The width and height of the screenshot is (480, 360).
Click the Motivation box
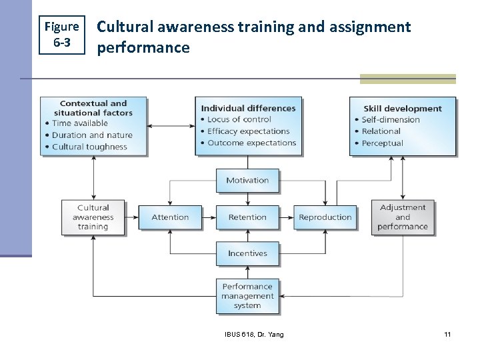247,181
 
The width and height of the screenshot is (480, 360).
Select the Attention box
170,217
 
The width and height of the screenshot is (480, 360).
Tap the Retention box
247,217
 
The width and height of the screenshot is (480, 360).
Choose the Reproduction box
325,217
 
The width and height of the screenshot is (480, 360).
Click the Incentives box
247,253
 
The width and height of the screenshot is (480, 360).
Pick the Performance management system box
247,296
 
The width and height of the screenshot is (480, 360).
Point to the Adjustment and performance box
403,217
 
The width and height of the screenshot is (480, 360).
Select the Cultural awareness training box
93,217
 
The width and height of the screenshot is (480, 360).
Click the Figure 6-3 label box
61,34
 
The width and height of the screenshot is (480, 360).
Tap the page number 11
447,334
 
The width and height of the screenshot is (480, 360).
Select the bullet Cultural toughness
89,147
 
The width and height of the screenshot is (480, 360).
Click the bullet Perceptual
382,143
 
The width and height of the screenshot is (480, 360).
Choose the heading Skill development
402,109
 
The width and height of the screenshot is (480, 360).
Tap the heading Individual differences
248,108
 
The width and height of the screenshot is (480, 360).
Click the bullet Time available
80,123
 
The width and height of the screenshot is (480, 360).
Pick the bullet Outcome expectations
251,143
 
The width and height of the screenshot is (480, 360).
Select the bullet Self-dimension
391,120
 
